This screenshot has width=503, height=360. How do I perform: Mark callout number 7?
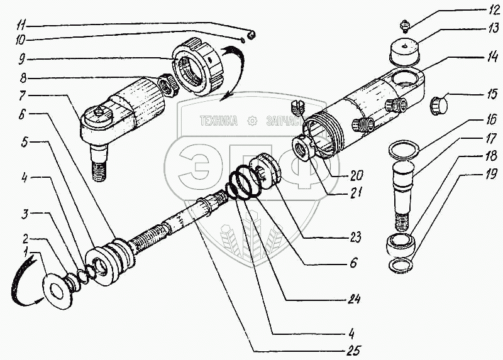(x=23, y=96)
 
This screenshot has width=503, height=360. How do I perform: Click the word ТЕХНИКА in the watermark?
(x=218, y=121)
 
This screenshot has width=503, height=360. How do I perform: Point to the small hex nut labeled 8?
(x=166, y=83)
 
